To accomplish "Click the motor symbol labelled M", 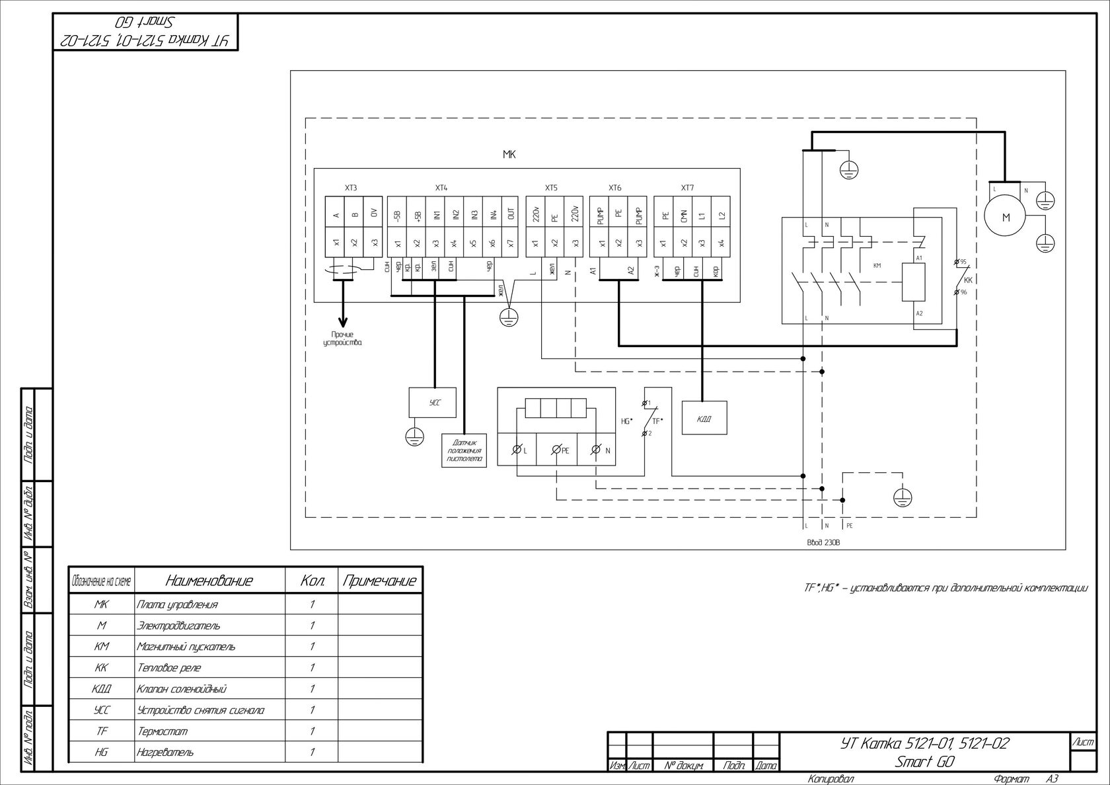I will pyautogui.click(x=1006, y=217).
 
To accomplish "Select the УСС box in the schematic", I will pyautogui.click(x=433, y=402).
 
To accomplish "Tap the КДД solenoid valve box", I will pyautogui.click(x=704, y=418).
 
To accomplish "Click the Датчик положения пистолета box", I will pyautogui.click(x=464, y=450).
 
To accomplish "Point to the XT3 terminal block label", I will pyautogui.click(x=351, y=188).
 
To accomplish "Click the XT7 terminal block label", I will pyautogui.click(x=687, y=188).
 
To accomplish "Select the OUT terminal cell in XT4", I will pyautogui.click(x=510, y=214).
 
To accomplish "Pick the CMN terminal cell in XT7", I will pyautogui.click(x=684, y=214).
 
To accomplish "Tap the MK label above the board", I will pyautogui.click(x=509, y=155).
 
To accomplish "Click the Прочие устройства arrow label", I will pyautogui.click(x=343, y=339).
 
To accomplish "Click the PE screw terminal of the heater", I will pyautogui.click(x=556, y=450).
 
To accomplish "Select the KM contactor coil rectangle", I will pyautogui.click(x=914, y=282).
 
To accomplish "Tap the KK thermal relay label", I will pyautogui.click(x=968, y=280).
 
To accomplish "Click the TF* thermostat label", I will pyautogui.click(x=657, y=421).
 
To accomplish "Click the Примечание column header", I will pyautogui.click(x=379, y=581).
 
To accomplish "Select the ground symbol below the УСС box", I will pyautogui.click(x=414, y=434).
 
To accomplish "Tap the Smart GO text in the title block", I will pyautogui.click(x=924, y=761).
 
